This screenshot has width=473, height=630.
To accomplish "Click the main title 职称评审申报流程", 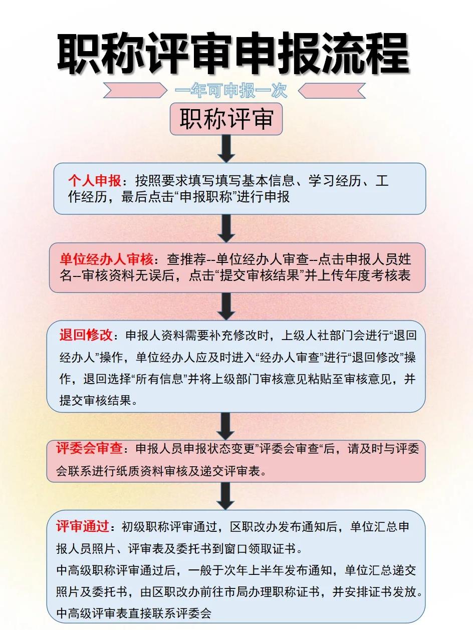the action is [233, 54].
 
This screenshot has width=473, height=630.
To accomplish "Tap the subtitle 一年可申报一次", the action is [231, 91].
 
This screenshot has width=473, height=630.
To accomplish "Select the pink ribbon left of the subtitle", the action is [135, 91].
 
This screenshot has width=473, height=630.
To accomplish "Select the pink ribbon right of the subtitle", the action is [332, 91].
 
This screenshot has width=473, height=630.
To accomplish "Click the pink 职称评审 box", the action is [226, 119].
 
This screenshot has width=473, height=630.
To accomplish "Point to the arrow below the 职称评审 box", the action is [226, 149].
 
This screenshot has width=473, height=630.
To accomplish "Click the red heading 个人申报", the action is [95, 180].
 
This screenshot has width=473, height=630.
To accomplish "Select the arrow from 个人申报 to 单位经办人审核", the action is [226, 228].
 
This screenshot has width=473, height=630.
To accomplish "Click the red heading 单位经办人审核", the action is [106, 259].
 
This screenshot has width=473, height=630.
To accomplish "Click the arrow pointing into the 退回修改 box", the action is [226, 306].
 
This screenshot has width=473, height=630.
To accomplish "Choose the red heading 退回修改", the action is [86, 335].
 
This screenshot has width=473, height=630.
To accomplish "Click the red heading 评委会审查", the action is [89, 448].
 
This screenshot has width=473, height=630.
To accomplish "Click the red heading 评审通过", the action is [82, 526].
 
